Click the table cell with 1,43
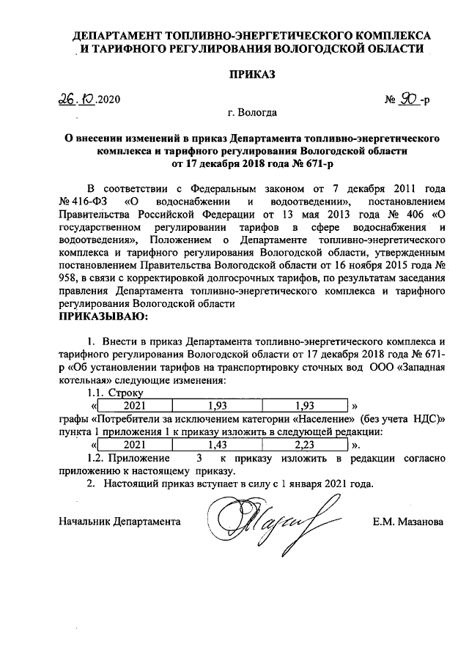(218, 444)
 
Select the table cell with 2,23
(303, 444)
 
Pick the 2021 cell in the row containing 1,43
(134, 444)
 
